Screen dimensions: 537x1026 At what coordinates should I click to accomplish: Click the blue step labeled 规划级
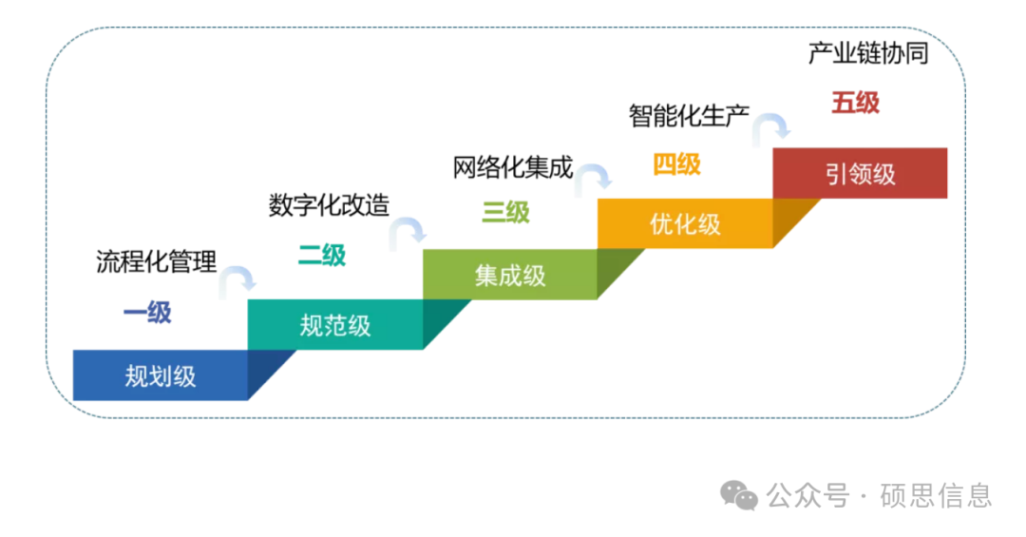160,375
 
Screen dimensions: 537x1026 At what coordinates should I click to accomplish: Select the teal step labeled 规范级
334,325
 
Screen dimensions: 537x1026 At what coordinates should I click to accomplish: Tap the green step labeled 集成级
509,275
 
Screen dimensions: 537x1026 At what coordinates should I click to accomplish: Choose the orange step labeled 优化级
684,224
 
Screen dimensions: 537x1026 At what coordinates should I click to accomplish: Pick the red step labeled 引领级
860,173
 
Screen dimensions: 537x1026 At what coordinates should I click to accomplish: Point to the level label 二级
322,255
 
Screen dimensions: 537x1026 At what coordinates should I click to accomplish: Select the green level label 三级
504,211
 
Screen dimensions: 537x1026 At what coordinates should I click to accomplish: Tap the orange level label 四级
676,163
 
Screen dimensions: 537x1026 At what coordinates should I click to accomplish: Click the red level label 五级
855,102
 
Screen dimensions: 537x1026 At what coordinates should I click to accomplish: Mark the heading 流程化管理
157,260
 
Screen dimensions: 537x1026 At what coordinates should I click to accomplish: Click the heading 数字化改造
330,204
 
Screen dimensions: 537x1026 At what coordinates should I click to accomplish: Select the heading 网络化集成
513,168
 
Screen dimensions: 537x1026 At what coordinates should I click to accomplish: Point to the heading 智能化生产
689,115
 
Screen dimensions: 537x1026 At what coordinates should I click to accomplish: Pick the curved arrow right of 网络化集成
593,179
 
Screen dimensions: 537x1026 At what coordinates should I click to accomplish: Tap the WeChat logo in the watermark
739,494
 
